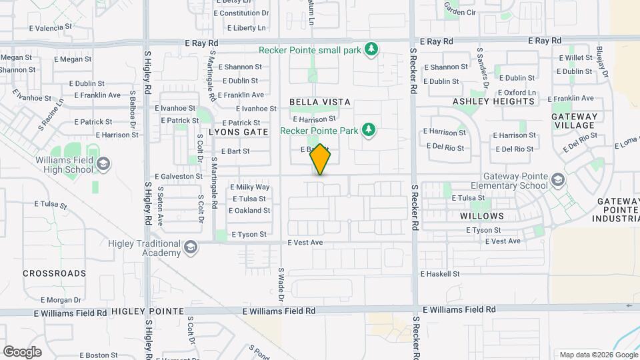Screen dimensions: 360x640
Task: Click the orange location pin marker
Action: pos(320,159)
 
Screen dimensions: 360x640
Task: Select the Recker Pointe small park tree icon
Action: pos(372,49)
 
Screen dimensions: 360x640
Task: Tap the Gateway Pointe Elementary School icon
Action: pos(557,179)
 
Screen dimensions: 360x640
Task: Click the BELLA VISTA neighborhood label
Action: pos(319,102)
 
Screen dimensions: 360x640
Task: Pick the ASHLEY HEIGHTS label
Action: pos(493,101)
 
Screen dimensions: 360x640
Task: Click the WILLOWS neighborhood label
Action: pos(482,216)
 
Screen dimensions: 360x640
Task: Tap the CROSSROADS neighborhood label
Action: pos(55,273)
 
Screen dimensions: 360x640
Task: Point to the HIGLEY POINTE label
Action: pos(147,311)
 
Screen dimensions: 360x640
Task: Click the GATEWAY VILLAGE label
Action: pos(574,121)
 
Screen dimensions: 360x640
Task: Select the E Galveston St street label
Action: pos(179,176)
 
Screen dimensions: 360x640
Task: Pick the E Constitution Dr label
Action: pos(242,13)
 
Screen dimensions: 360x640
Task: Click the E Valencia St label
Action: pos(51,27)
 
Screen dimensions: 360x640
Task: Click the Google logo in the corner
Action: pos(22,352)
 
